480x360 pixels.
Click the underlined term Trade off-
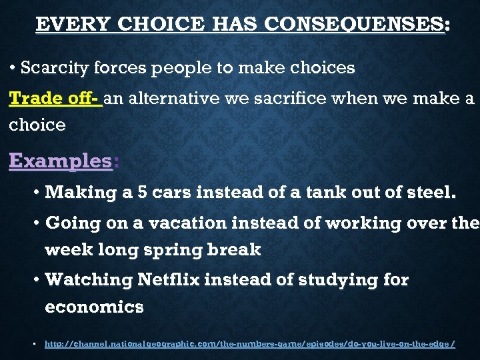[55, 99]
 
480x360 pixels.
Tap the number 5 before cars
[141, 193]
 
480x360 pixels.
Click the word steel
[431, 193]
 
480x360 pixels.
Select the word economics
[94, 307]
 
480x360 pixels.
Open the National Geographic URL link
[249, 344]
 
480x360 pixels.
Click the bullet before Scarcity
[13, 68]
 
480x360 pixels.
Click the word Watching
[88, 280]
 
